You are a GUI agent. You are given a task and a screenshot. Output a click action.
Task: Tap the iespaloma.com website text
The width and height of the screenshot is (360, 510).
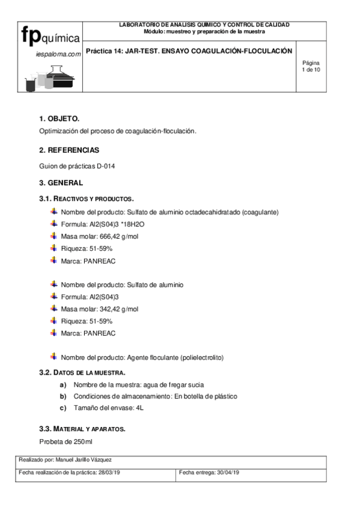[x=58, y=54]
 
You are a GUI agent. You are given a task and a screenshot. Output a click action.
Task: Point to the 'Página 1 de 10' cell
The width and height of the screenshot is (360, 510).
[x=311, y=66]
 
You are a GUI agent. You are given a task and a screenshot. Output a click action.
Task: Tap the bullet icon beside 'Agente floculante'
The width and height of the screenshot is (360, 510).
[x=53, y=357]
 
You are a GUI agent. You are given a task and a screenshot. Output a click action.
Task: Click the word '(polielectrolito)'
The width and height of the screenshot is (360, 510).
[x=201, y=357]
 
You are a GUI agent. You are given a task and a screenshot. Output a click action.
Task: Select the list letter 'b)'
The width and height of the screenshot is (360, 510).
[x=63, y=396]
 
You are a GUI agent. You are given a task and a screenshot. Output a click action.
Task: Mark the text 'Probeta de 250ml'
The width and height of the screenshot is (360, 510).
[x=66, y=442]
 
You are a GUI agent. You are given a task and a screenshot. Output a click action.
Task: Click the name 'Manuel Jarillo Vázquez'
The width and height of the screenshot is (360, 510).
[x=91, y=459]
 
